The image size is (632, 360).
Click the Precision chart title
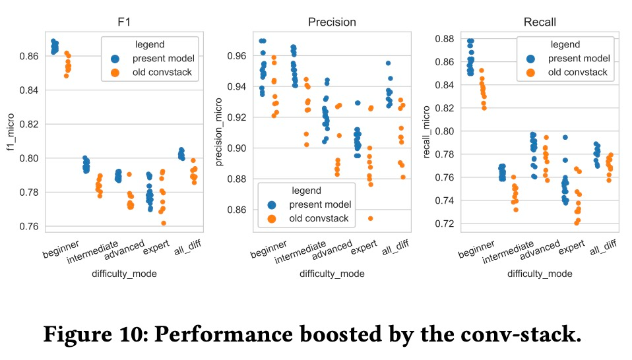332,22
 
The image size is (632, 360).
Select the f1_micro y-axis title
11,132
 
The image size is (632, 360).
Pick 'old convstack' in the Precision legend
320,218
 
